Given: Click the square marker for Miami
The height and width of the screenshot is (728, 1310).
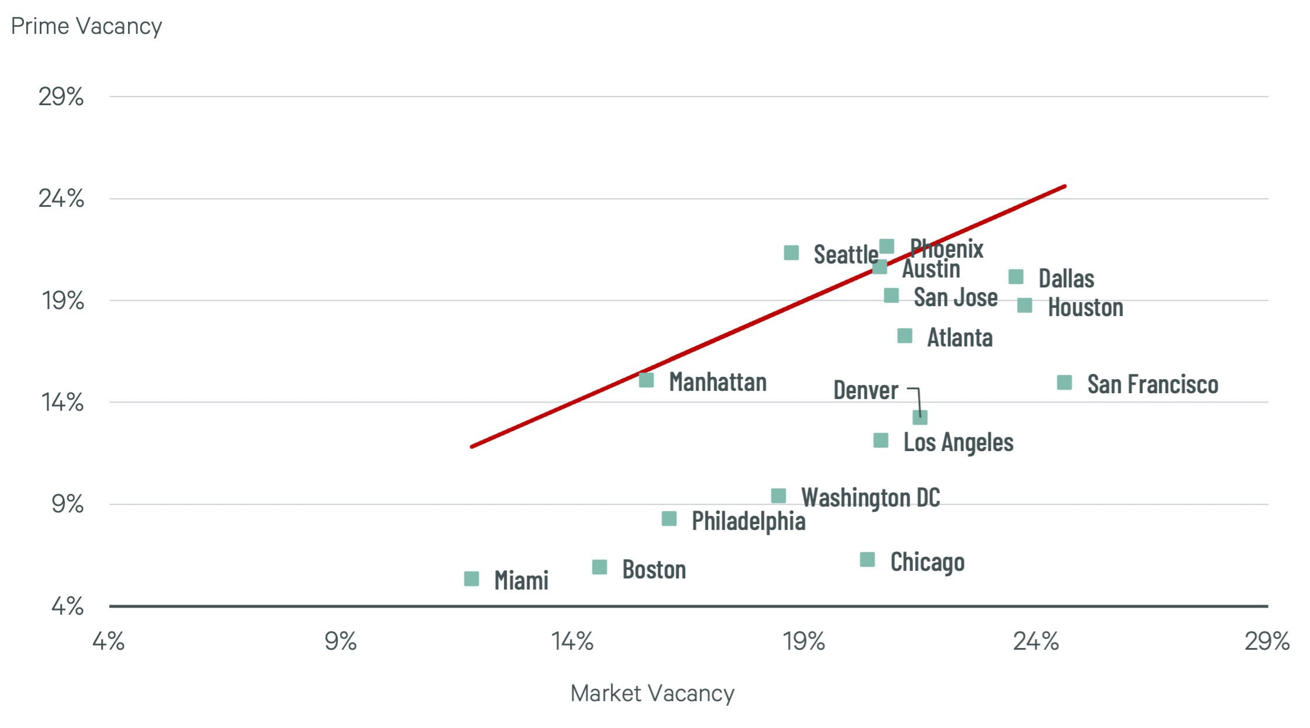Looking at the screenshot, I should (471, 578).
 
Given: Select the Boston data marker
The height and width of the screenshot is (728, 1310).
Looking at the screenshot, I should (599, 567).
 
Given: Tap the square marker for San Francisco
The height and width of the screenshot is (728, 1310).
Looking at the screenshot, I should (1064, 383).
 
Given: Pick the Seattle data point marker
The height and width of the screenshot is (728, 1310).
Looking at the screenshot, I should (791, 252).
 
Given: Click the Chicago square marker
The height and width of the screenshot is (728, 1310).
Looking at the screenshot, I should (867, 560).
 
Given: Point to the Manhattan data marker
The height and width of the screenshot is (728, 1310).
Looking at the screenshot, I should (646, 380).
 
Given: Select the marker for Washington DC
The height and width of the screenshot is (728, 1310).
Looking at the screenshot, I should (778, 496).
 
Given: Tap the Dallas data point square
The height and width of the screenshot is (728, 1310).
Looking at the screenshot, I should (1016, 277).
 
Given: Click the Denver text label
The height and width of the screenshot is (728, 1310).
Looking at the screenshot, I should (865, 390).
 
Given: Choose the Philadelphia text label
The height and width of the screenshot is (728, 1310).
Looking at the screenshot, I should (748, 521).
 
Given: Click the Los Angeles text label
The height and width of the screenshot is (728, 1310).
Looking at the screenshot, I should (958, 442).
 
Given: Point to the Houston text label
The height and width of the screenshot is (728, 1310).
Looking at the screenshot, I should (1085, 307).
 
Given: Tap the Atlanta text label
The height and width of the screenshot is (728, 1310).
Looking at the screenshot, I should (959, 338).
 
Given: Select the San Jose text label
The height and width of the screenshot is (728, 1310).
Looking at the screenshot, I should (955, 297).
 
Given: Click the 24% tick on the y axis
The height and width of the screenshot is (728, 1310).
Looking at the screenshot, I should (61, 199).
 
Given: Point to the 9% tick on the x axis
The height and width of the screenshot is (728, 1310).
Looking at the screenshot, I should (340, 642).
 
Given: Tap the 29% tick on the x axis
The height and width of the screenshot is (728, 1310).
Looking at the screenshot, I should (1267, 642).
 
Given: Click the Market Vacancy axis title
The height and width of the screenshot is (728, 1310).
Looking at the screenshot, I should (652, 694).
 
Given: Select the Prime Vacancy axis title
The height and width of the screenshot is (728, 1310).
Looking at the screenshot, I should (87, 26).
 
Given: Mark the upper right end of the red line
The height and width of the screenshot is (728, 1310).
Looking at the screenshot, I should (1064, 186).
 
